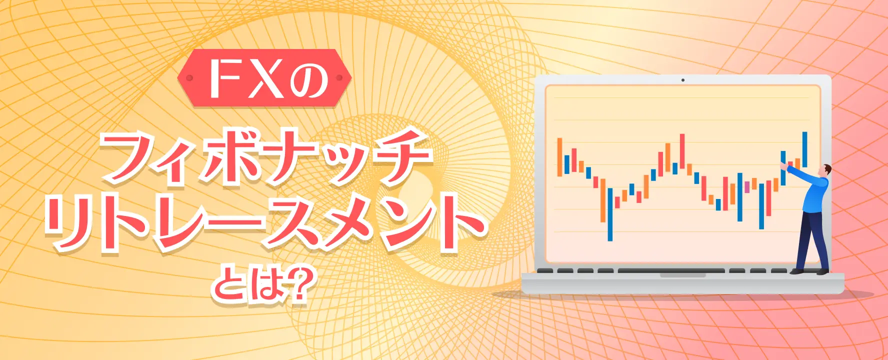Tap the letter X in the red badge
(x=266, y=78)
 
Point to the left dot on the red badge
(x=189, y=78)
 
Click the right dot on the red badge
(x=339, y=78)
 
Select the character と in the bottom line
(x=228, y=285)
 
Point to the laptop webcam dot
(x=683, y=80)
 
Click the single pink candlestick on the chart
(x=747, y=186)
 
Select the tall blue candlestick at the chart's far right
(x=804, y=149)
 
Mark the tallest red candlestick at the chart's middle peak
(x=682, y=151)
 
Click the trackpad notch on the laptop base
(x=682, y=275)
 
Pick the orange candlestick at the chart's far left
(x=560, y=157)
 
